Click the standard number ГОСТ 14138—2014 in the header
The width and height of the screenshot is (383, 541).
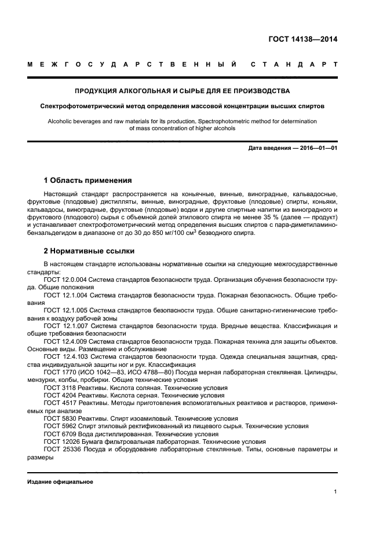[x=302, y=40]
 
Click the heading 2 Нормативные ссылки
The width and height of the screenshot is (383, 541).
[x=90, y=251]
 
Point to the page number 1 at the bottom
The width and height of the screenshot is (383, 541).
[x=335, y=492]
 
